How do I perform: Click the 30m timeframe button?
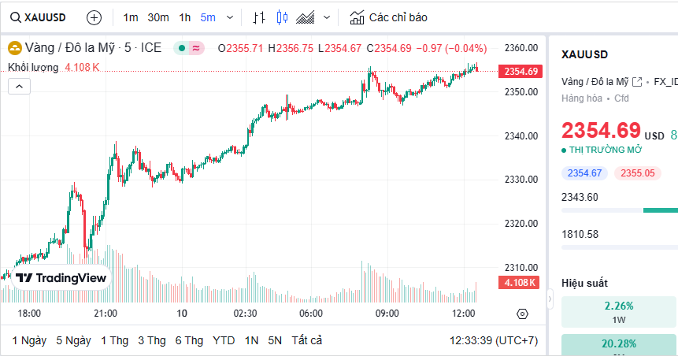pos(157,17)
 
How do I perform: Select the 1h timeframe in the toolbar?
pos(184,17)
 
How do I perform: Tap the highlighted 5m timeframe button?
pos(208,17)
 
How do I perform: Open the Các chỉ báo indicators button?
pos(389,17)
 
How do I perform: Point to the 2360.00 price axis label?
pos(521,48)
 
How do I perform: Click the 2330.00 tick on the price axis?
pos(521,180)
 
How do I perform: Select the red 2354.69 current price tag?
pos(521,72)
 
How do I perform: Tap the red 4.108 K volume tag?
pos(520,283)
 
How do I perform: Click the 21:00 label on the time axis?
pos(106,314)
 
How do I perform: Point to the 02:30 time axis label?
pos(245,314)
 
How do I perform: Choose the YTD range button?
pos(224,340)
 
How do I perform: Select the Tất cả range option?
pos(306,340)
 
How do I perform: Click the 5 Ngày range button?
pos(73,340)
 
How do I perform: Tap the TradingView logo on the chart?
pos(61,277)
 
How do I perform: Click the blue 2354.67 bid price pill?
pos(584,173)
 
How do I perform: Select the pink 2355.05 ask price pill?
pos(638,173)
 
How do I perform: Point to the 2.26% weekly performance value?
pos(619,306)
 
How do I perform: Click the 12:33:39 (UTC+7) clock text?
pos(494,340)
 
